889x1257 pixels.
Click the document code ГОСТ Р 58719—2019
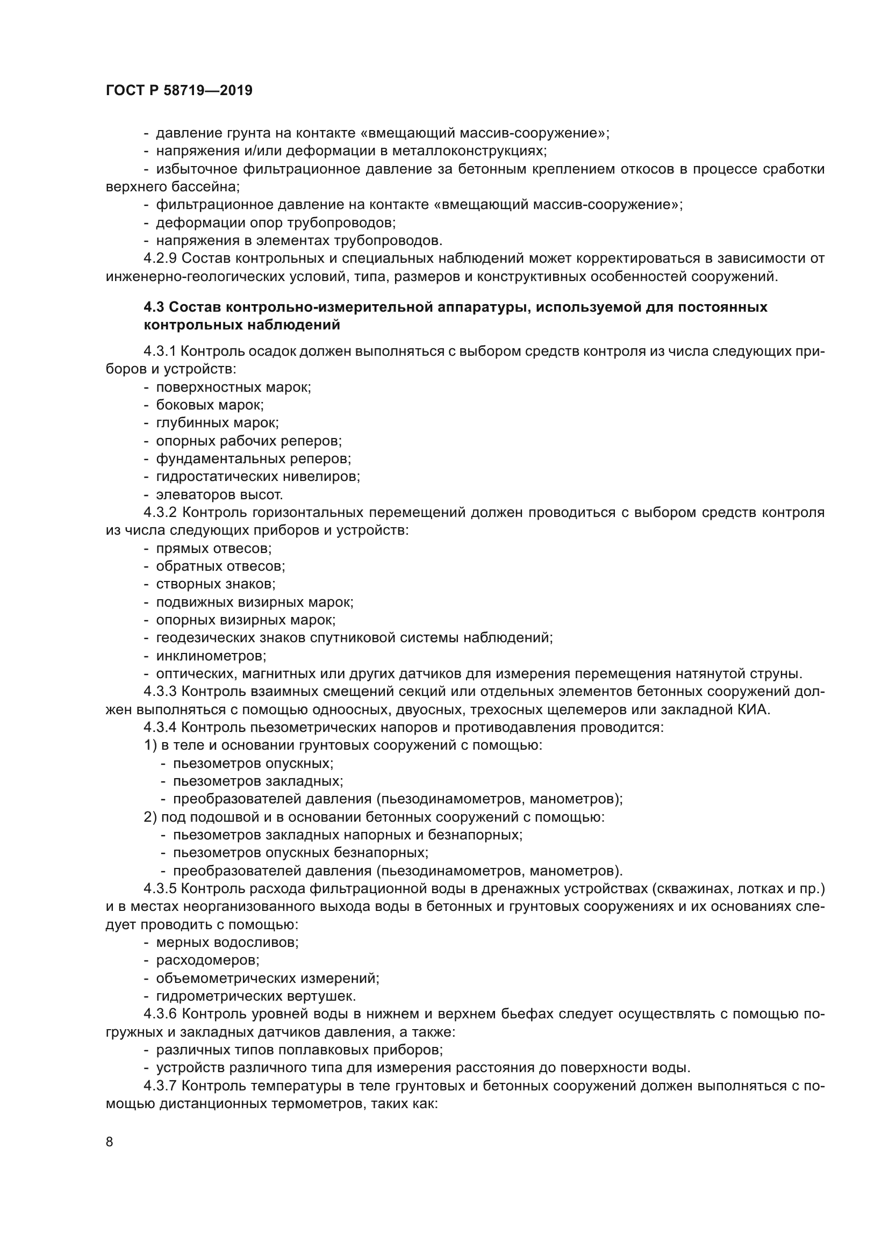pos(179,91)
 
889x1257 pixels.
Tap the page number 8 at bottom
pos(110,1141)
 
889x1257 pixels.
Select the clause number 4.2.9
pos(160,258)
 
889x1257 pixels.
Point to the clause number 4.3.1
pos(160,351)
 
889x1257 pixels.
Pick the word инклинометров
pos(211,656)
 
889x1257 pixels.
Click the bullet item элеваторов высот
pos(219,495)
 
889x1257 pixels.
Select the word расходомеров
pos(207,960)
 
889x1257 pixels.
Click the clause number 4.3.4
pos(160,728)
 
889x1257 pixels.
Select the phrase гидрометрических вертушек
pos(256,996)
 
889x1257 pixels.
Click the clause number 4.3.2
pos(160,513)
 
